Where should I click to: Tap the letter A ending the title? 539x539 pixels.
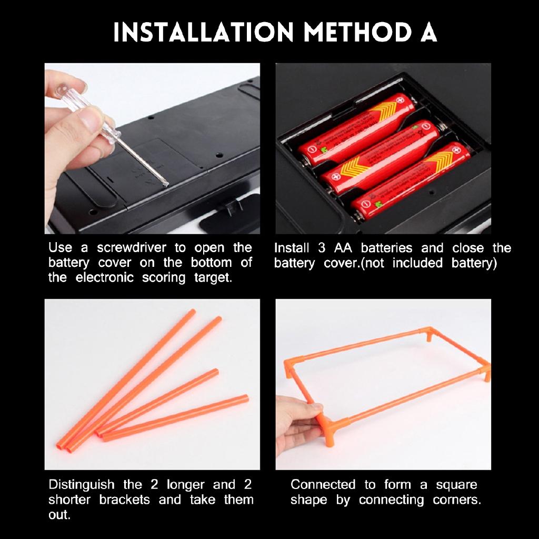tap(428, 33)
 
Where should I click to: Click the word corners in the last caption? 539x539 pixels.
tap(456, 500)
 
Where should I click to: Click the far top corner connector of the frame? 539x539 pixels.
tap(430, 333)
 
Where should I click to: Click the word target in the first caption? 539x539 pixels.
tap(213, 278)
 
